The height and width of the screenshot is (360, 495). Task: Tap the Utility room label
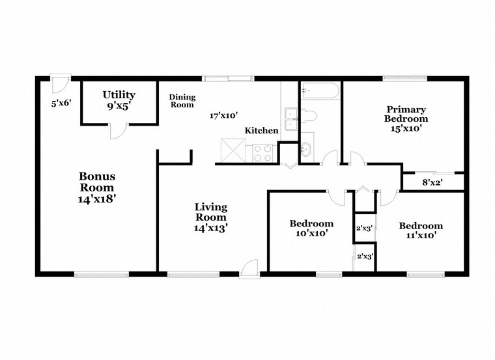coord(119,95)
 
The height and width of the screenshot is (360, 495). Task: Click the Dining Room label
coord(182,101)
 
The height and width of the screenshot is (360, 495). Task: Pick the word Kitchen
coord(261,131)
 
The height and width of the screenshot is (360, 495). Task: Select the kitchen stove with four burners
coord(262,153)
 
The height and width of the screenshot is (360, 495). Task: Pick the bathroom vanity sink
coord(307,149)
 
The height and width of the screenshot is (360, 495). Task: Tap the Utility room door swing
coord(117,130)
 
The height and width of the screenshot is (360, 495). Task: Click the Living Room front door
coord(249,268)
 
